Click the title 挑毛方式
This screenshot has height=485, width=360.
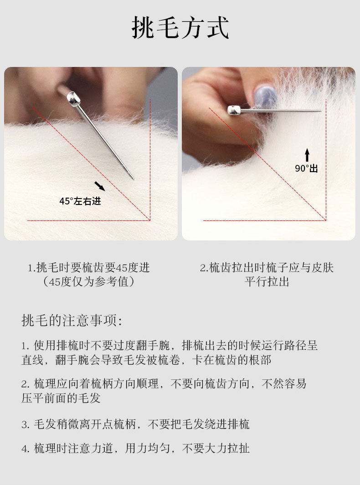pos(180,27)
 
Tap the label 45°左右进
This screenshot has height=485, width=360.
pos(80,201)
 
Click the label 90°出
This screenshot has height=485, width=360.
pos(306,168)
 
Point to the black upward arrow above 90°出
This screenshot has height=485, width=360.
pos(307,155)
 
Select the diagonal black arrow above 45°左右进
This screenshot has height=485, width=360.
pos(100,186)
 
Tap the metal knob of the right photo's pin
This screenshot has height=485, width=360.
pos(234,110)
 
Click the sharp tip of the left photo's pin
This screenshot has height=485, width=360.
pos(134,179)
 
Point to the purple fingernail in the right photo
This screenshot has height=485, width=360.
pos(265,95)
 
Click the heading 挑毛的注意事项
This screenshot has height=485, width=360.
pos(72,321)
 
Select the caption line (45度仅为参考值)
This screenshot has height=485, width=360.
pos(89,282)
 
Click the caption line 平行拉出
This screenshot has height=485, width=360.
pos(267,282)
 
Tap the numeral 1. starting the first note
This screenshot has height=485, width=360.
pos(25,346)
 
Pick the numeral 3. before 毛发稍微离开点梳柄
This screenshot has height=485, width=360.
pos(26,425)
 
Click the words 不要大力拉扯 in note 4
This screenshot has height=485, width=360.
pos(216,448)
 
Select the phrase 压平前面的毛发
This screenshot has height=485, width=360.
pos(61,398)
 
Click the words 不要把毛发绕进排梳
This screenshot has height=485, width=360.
pos(199,424)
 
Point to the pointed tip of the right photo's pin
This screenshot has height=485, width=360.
pos(321,110)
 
